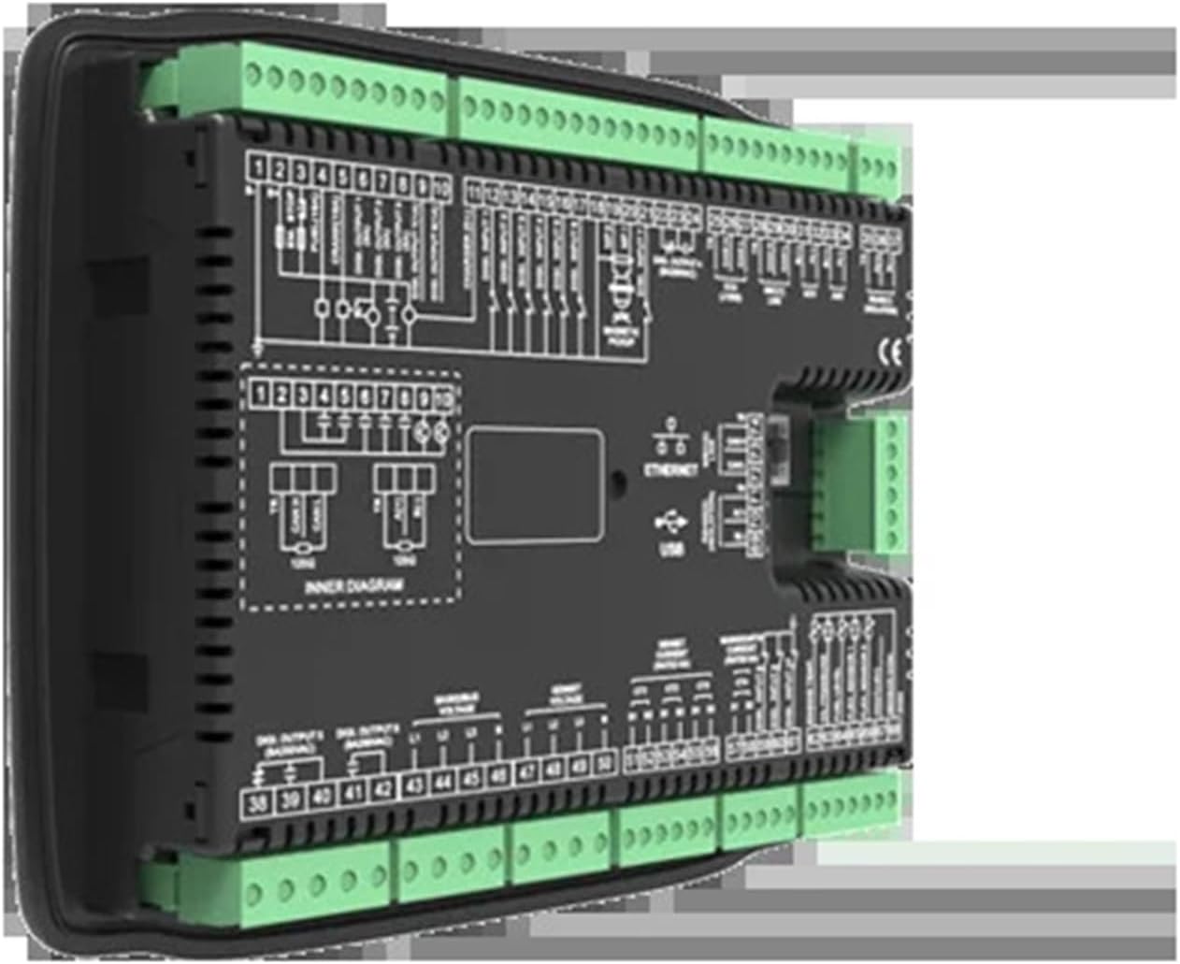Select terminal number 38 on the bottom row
pos(257,802)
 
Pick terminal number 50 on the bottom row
pos(606,761)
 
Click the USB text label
pos(670,551)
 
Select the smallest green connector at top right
pos(880,167)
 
